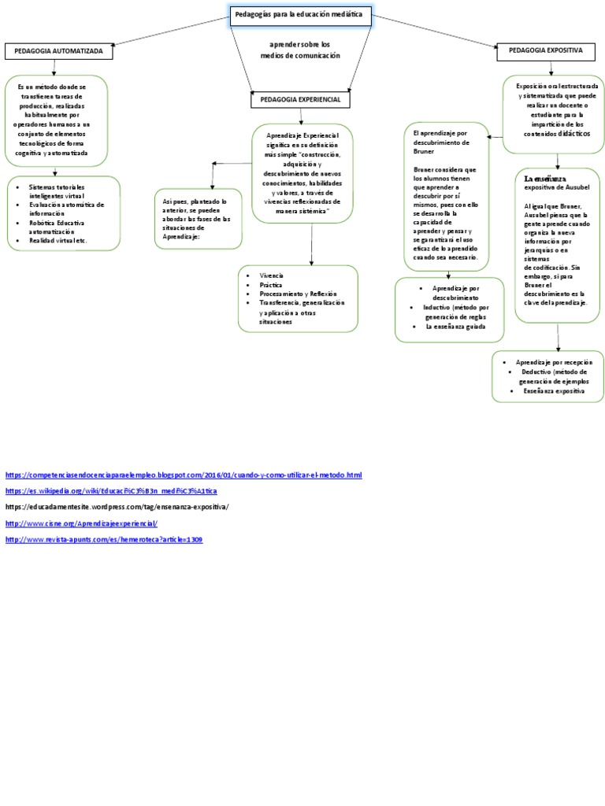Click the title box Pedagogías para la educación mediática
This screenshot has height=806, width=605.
(301, 16)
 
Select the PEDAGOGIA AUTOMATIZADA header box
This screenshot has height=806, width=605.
(58, 52)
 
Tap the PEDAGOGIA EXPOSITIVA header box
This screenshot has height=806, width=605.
(545, 51)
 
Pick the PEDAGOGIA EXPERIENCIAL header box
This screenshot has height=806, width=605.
(300, 100)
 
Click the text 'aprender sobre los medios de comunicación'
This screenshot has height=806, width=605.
(300, 50)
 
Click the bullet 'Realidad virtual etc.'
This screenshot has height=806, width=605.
(58, 240)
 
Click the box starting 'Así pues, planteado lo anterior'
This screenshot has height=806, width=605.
(196, 219)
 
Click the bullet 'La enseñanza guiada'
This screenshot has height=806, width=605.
(455, 326)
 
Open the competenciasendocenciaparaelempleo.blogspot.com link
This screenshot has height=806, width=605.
(183, 475)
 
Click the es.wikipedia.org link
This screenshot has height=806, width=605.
(110, 490)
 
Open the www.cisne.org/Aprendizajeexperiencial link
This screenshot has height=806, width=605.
(82, 523)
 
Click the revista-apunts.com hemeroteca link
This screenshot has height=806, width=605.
(104, 539)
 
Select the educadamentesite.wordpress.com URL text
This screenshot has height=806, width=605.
(117, 507)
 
